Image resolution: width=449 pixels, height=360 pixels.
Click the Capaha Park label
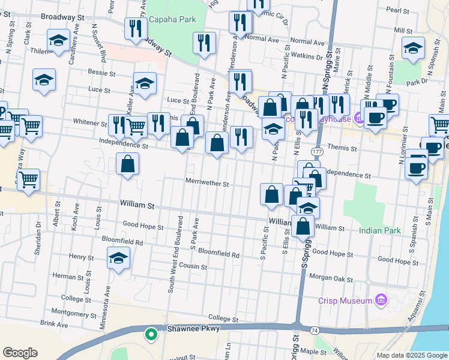tap(172, 20)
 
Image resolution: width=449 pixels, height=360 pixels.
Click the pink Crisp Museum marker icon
tap(379, 299)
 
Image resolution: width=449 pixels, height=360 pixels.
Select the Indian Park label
tap(379, 230)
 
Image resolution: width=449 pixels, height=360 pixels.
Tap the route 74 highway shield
tap(315, 331)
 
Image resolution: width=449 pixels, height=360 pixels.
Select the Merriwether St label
tap(207, 184)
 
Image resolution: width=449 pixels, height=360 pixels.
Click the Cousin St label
tap(193, 266)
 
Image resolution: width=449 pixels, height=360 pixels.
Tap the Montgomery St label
tap(74, 313)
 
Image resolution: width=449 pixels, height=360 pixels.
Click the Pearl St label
tap(397, 10)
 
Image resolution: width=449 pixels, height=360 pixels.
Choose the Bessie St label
tap(101, 74)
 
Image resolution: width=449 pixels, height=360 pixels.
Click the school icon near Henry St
tap(118, 258)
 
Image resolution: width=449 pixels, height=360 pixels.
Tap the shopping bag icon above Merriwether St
tap(127, 164)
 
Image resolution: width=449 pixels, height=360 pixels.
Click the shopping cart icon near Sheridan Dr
tap(29, 179)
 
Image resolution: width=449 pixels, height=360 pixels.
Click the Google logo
tap(20, 353)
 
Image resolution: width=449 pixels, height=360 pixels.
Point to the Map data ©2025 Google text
tap(411, 355)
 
